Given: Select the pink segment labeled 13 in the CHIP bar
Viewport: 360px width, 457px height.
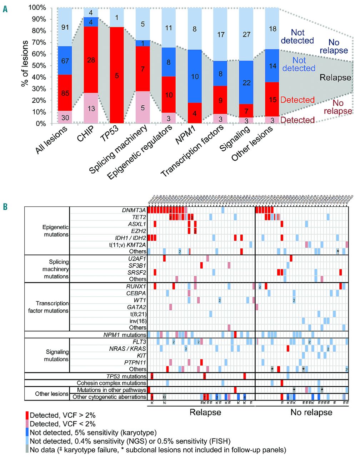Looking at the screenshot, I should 91,108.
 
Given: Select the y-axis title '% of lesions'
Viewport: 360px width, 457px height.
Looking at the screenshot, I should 24,64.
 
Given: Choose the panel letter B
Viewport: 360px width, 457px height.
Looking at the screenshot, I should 5,206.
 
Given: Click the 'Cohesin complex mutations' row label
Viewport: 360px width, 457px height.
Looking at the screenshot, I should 111,383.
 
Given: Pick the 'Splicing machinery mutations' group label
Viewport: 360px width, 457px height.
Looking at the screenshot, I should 54,269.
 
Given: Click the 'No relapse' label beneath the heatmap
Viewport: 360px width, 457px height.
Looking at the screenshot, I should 311,412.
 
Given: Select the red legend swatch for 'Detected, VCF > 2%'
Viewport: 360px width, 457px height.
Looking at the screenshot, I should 27,416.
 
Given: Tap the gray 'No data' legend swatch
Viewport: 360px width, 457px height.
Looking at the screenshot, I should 27,449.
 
